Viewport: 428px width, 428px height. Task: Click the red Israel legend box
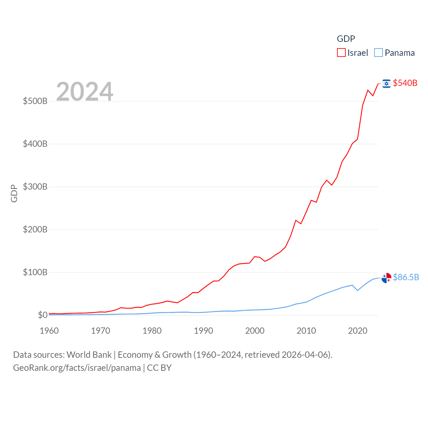click(341, 53)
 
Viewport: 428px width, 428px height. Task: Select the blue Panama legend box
click(378, 53)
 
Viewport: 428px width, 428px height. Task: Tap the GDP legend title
click(346, 39)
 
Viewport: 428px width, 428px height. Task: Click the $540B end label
click(405, 83)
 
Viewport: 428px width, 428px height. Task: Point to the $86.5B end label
click(406, 277)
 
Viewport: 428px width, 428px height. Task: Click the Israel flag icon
click(387, 84)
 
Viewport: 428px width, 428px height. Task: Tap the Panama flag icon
click(387, 278)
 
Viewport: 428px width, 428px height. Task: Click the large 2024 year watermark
click(85, 91)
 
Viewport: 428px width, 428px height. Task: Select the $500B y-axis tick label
click(35, 101)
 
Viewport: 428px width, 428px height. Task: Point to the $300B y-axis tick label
click(35, 187)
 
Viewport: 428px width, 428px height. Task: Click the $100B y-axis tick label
click(35, 272)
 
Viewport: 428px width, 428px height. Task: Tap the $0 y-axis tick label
click(43, 315)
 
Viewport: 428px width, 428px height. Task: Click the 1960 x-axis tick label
click(49, 331)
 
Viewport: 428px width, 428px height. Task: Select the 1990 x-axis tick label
click(203, 331)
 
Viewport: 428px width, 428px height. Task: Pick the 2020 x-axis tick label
click(357, 331)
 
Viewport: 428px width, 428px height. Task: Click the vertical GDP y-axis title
click(14, 193)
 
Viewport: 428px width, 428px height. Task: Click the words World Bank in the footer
click(89, 355)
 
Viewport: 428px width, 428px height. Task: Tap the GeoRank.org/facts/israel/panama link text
click(77, 368)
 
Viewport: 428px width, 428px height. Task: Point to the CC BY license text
click(159, 368)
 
